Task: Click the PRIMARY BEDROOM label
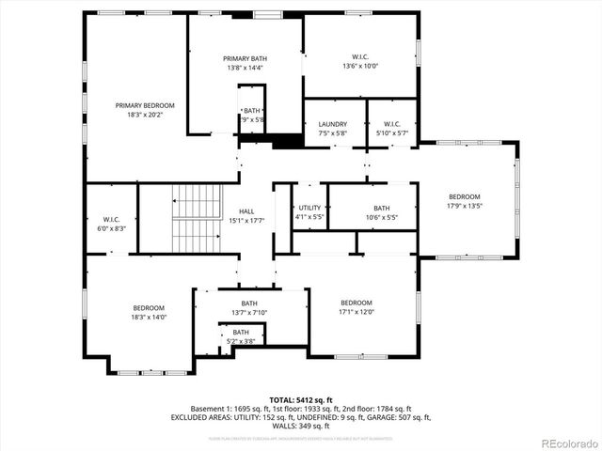click(x=145, y=105)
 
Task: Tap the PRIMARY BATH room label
click(x=245, y=57)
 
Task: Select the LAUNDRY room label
click(x=332, y=124)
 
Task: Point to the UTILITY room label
click(x=310, y=208)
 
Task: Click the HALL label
click(x=246, y=211)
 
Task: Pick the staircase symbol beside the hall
click(x=195, y=217)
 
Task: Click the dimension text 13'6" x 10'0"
click(x=358, y=67)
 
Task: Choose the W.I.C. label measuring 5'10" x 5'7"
click(x=392, y=133)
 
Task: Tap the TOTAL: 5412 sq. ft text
click(x=300, y=399)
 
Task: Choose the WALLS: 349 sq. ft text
click(x=300, y=426)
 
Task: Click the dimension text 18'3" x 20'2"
click(x=145, y=115)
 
